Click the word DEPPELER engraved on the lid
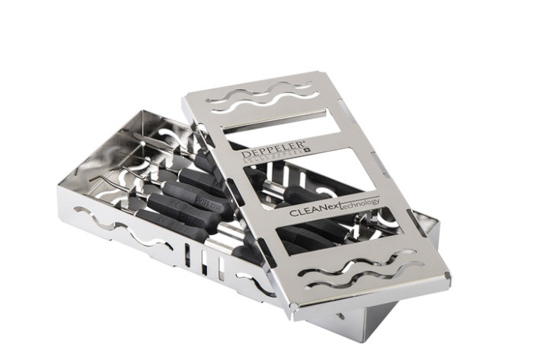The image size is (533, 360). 264,150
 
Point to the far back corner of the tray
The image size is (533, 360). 142,112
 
